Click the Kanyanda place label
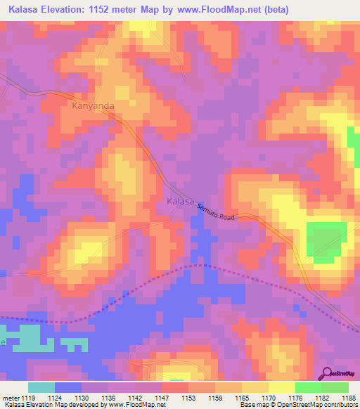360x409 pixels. [x=93, y=106]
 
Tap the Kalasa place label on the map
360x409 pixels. [x=181, y=202]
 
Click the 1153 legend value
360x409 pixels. [x=188, y=397]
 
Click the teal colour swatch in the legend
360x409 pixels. [x=41, y=387]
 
